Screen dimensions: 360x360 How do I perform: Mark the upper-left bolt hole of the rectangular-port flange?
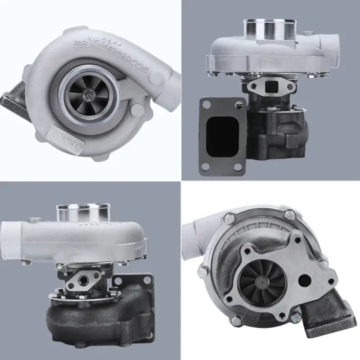click(x=206, y=104)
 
